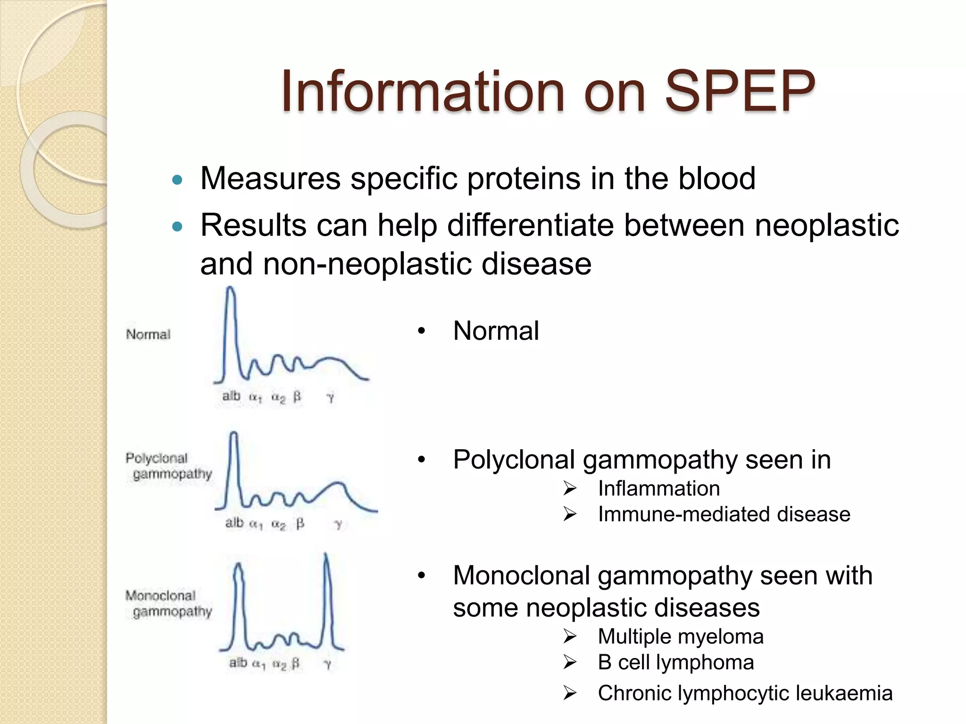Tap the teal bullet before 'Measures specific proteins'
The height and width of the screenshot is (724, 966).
tap(177, 180)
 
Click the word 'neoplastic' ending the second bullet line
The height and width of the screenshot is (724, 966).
tap(826, 225)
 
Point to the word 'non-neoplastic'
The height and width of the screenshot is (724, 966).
tap(367, 264)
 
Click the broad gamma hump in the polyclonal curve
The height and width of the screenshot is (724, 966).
tap(336, 488)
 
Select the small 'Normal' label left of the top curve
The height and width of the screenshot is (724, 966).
tap(148, 335)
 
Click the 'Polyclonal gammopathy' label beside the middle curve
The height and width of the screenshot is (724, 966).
tap(168, 466)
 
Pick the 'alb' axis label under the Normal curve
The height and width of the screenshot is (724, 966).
tap(231, 396)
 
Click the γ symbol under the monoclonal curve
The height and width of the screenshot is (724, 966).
tap(328, 664)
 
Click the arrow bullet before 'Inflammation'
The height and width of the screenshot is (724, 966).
tap(570, 489)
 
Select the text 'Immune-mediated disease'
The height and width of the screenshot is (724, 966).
tap(724, 514)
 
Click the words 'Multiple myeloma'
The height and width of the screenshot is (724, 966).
tap(680, 637)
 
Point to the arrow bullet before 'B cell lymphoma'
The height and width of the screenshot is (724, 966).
tap(570, 663)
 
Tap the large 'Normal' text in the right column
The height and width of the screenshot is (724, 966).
tap(495, 331)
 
